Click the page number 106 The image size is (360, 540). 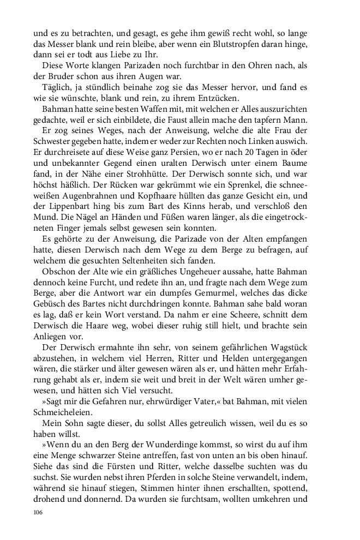click(x=38, y=513)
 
